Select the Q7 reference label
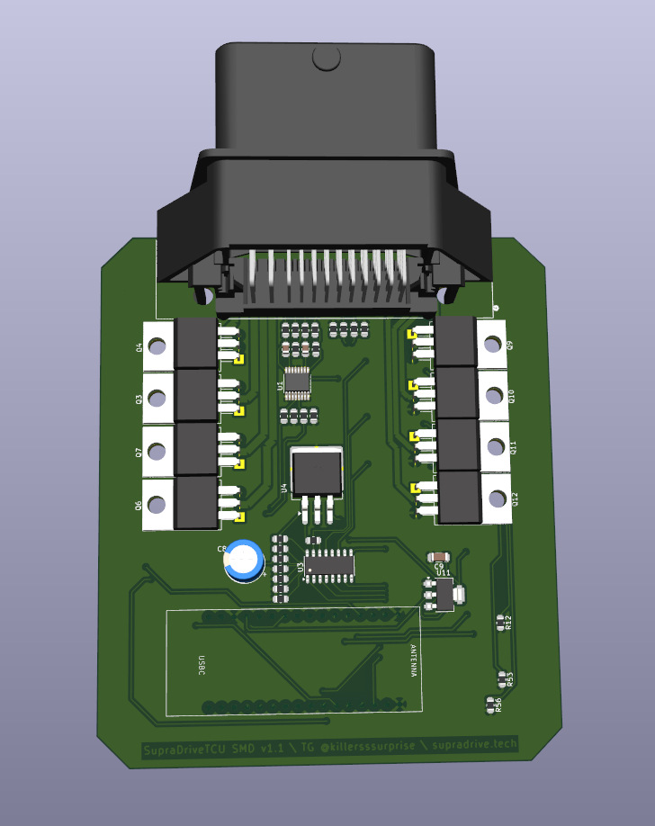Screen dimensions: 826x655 click(x=139, y=452)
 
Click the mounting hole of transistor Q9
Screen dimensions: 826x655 click(x=492, y=343)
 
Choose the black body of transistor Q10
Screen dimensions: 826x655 click(x=456, y=392)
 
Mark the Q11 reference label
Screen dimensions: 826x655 click(x=514, y=446)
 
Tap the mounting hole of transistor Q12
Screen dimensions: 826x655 click(x=495, y=498)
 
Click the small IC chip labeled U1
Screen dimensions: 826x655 click(x=298, y=382)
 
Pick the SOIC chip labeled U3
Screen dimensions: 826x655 click(x=329, y=565)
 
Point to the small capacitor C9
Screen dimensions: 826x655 click(x=439, y=556)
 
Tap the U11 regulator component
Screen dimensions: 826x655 click(x=442, y=594)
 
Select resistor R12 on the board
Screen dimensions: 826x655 click(x=501, y=621)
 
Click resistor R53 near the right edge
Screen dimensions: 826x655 click(x=503, y=678)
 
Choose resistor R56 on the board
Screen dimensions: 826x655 click(x=491, y=704)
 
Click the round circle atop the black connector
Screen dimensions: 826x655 click(x=326, y=58)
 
